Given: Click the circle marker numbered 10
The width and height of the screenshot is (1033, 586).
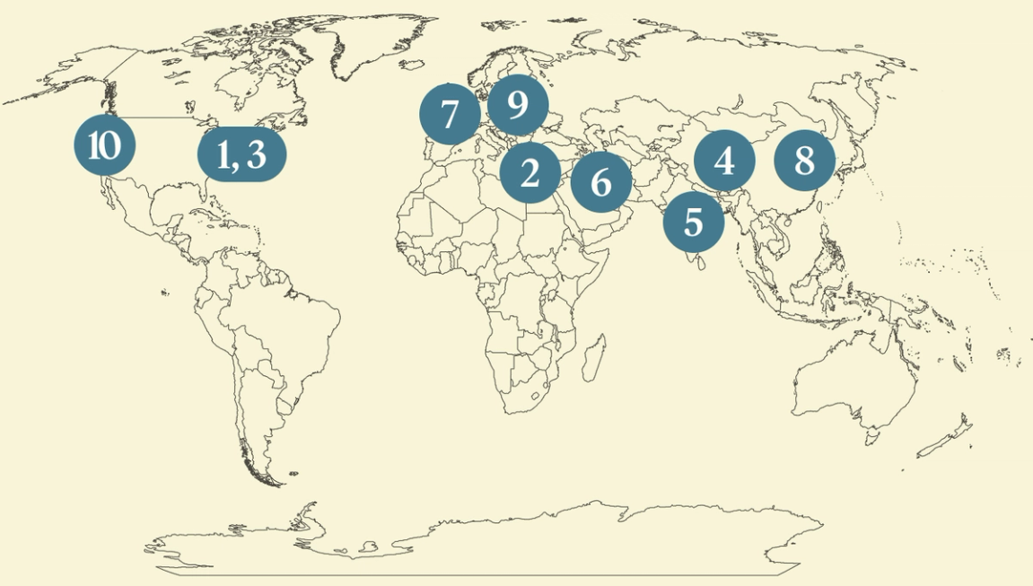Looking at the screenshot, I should coord(105,145).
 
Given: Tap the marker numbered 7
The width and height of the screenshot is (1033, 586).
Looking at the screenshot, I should coord(450,114).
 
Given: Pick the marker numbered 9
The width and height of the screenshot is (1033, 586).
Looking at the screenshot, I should coord(517,106).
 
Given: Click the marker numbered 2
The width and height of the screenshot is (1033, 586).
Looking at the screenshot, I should coord(530,172).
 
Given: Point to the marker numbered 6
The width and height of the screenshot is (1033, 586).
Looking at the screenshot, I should coord(601,182).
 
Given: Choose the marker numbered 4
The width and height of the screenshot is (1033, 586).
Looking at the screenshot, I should coord(724,162).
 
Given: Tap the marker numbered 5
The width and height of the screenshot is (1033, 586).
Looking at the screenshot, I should coord(693,221).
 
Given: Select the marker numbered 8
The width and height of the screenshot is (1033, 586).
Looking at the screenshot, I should coord(804,162).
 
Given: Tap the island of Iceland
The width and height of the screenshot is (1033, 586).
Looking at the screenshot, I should coord(412,65).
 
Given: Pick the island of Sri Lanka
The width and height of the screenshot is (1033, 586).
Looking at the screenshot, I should coord(693,262).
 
